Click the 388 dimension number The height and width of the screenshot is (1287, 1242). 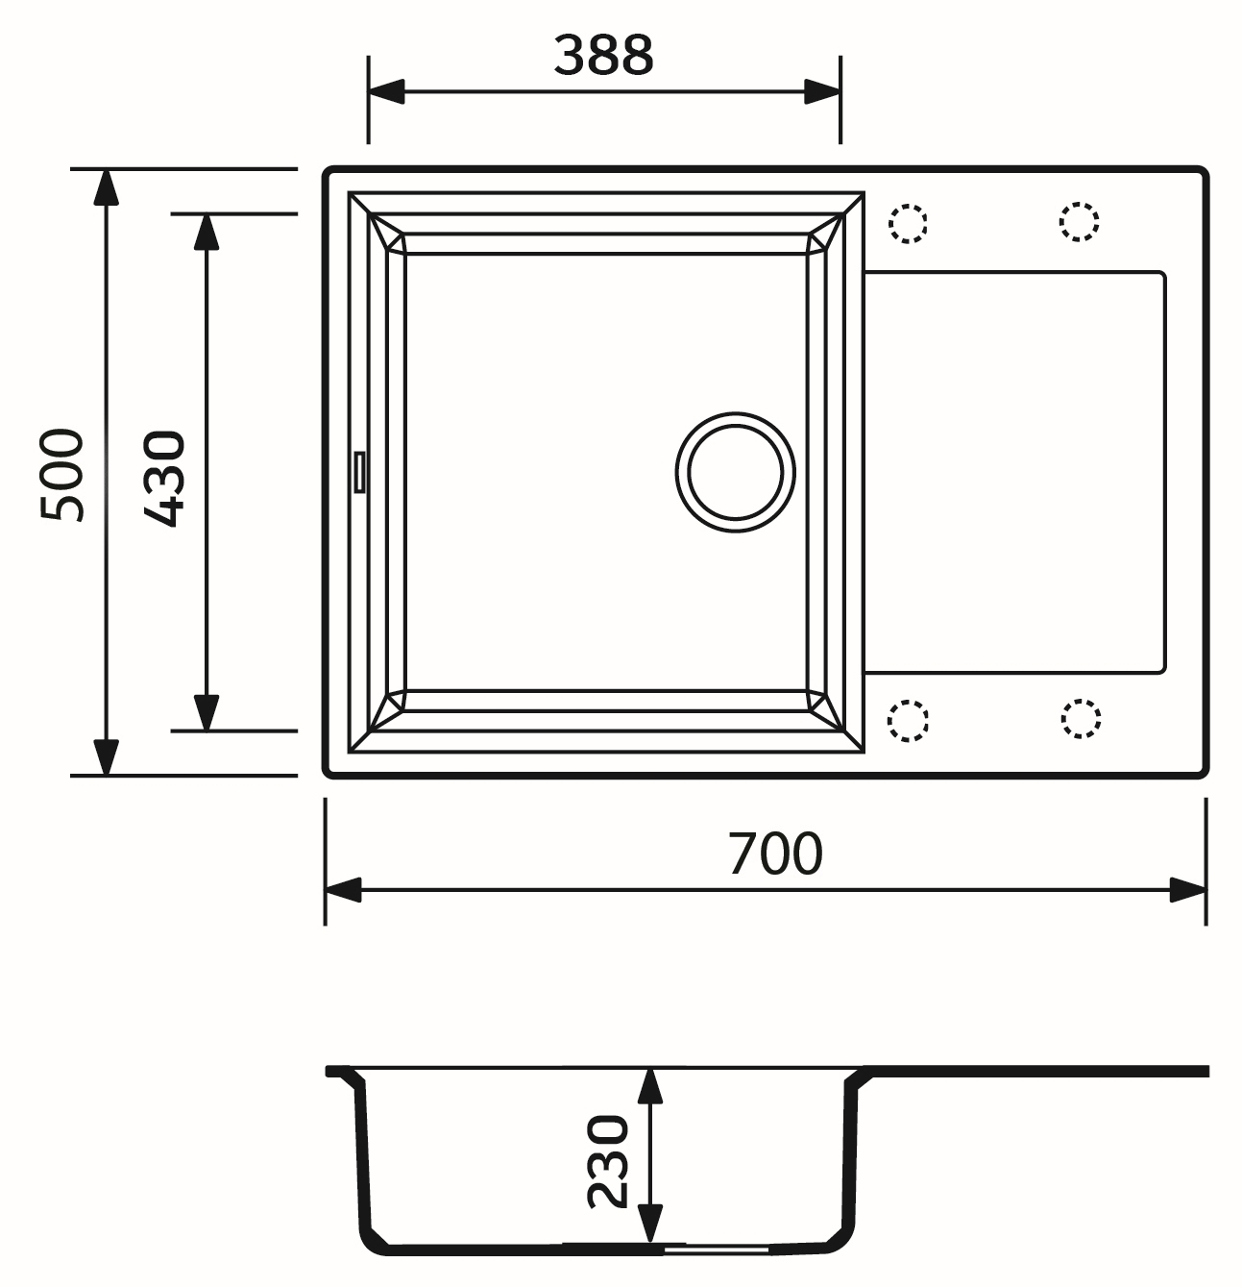click(x=603, y=56)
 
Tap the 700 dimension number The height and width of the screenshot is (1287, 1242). click(x=775, y=854)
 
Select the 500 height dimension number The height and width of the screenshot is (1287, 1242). click(x=63, y=475)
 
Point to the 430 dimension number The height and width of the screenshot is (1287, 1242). click(x=163, y=478)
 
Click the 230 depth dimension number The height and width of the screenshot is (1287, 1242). click(x=608, y=1160)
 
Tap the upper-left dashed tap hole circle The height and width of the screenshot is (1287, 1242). click(x=908, y=223)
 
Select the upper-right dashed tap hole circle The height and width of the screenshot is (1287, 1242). click(x=1079, y=222)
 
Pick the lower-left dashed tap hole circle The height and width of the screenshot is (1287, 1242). click(x=908, y=720)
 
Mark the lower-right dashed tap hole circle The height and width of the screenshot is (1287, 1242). click(x=1081, y=719)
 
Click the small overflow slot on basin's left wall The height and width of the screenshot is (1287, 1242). click(x=359, y=472)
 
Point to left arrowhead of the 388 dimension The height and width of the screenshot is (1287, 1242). click(x=386, y=93)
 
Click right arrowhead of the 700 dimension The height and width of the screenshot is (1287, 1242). click(x=1188, y=890)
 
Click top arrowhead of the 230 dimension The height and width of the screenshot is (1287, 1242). click(x=650, y=1086)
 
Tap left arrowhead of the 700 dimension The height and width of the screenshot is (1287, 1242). click(x=343, y=890)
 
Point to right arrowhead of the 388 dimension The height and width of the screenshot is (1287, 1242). click(x=822, y=93)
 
